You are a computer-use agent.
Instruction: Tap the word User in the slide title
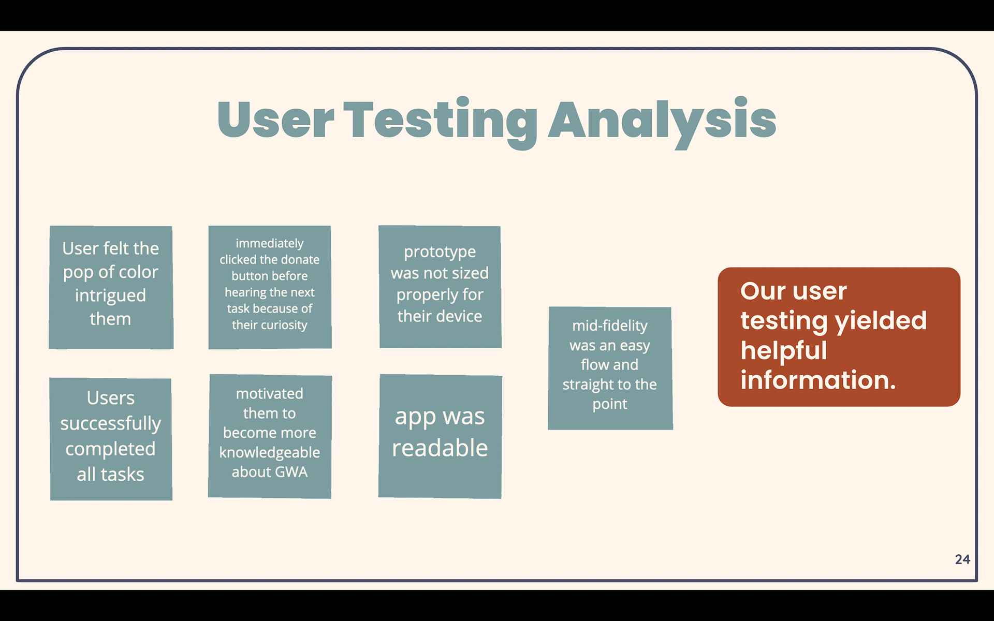click(x=276, y=120)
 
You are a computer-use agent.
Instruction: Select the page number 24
click(x=962, y=559)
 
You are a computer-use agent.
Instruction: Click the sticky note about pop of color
click(x=111, y=287)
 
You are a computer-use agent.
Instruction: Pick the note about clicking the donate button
click(x=270, y=287)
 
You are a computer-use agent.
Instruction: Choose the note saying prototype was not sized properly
click(x=440, y=287)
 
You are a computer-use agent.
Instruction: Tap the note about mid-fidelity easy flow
click(x=610, y=368)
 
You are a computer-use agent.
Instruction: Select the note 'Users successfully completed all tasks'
click(x=111, y=439)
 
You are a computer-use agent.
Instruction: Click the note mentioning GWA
click(x=270, y=436)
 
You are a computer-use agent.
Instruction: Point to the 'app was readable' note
click(x=440, y=436)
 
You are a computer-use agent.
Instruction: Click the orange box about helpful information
click(x=839, y=337)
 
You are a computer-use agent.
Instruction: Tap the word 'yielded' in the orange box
click(x=881, y=321)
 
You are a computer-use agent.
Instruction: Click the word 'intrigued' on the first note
click(x=110, y=295)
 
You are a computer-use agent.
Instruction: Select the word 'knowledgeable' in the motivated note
click(x=270, y=453)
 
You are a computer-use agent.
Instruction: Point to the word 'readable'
click(x=440, y=448)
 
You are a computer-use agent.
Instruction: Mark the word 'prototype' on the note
click(x=440, y=252)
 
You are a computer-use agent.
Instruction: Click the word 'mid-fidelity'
click(x=610, y=326)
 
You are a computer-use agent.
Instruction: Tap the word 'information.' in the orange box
click(x=818, y=380)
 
